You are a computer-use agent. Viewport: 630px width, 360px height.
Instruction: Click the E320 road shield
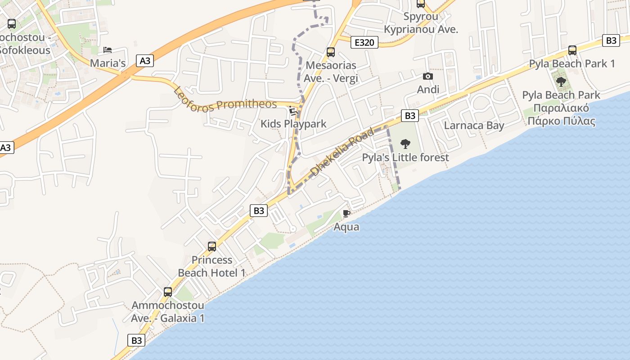click(x=364, y=43)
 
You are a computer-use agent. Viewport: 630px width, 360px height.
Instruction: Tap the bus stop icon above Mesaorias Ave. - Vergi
click(x=331, y=52)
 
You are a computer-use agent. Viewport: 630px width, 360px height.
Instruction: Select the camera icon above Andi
click(x=428, y=76)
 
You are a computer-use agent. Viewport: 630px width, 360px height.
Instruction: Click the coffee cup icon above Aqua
click(x=346, y=213)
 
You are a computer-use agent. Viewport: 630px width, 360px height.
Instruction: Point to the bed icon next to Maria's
click(x=107, y=50)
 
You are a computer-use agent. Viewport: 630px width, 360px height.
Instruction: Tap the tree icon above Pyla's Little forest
click(x=405, y=144)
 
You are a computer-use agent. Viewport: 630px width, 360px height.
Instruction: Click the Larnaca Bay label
click(x=474, y=126)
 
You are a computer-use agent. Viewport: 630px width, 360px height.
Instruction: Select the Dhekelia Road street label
click(x=343, y=151)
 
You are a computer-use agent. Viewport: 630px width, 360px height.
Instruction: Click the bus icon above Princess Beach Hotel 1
click(x=212, y=247)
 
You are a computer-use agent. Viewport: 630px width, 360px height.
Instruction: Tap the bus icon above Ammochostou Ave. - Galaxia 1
click(x=168, y=292)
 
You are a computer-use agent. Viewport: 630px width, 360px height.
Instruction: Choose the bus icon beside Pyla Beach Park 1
click(x=572, y=50)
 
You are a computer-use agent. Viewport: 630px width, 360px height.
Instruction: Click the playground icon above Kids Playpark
click(x=293, y=110)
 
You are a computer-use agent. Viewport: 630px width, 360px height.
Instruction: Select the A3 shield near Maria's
click(x=145, y=61)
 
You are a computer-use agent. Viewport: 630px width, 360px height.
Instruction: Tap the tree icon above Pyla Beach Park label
click(x=561, y=82)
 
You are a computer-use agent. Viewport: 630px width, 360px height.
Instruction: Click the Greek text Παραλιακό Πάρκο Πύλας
click(x=561, y=115)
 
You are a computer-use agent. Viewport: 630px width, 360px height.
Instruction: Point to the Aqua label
click(x=346, y=227)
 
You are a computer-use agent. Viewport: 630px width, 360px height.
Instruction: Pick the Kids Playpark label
click(x=293, y=124)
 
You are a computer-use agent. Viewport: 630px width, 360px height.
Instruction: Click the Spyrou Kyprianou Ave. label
click(x=421, y=23)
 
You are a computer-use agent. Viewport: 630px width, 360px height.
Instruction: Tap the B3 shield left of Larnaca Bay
click(x=409, y=116)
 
